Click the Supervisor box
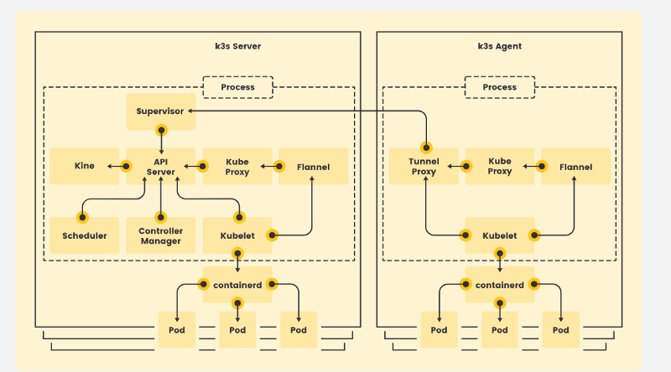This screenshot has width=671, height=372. tap(161, 111)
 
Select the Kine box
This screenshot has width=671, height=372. tap(85, 167)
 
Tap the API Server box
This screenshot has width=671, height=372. tap(161, 167)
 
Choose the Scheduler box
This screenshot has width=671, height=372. tap(85, 235)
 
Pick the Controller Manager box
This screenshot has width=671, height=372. tap(161, 235)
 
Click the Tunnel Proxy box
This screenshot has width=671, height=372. tap(424, 167)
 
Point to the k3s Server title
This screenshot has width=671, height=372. tap(238, 46)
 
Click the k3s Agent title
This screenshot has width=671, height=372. tap(500, 46)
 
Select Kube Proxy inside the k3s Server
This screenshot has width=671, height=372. tap(237, 167)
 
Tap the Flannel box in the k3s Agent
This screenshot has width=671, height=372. tap(576, 167)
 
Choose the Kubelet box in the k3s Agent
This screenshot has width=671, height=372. tap(500, 235)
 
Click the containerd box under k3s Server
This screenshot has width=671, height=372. tap(237, 285)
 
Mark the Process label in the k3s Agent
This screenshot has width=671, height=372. tap(500, 87)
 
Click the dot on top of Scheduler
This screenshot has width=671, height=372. tap(82, 217)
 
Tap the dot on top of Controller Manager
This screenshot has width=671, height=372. tap(161, 217)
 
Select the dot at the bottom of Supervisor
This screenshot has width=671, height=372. tap(161, 130)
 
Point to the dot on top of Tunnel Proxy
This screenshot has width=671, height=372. tap(426, 148)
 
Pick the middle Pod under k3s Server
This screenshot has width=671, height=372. tap(237, 329)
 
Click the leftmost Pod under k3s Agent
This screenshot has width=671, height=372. tap(439, 329)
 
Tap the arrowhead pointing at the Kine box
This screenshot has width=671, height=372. tap(109, 167)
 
